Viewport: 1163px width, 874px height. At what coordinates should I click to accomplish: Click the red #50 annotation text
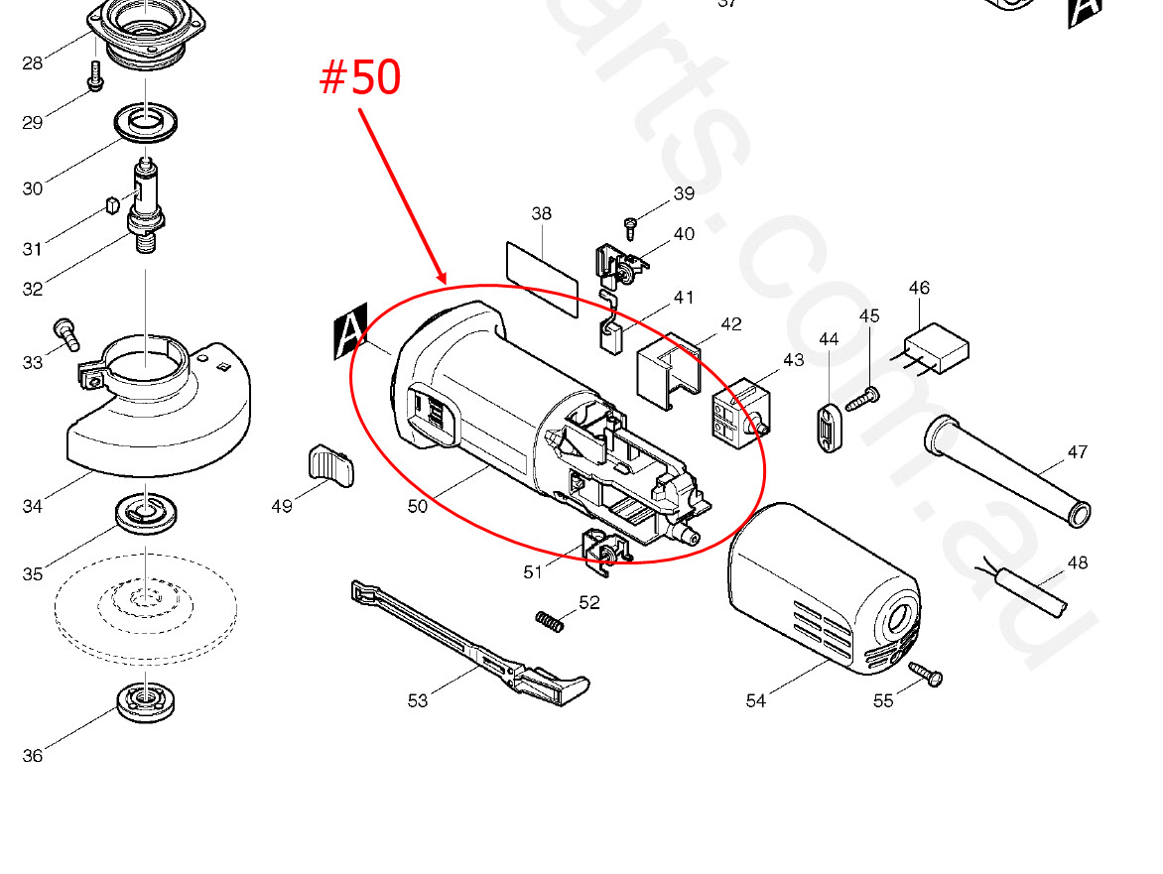(360, 77)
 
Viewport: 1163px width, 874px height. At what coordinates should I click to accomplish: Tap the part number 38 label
(542, 213)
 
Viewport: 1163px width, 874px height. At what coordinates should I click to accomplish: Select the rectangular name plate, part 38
(542, 279)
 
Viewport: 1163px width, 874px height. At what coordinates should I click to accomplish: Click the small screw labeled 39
(631, 227)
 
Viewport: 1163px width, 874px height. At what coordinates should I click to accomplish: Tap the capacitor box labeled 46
(936, 347)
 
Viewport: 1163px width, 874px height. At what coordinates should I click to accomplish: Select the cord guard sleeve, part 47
(1007, 470)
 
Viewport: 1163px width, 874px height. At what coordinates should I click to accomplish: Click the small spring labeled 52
(550, 621)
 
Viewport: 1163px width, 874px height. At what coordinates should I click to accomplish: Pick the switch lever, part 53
(470, 643)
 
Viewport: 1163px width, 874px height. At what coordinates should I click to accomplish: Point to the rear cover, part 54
(824, 588)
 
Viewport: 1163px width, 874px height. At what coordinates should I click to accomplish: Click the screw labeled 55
(926, 673)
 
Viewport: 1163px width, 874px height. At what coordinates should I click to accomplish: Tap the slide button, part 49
(330, 465)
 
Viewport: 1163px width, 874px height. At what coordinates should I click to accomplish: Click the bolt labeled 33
(66, 333)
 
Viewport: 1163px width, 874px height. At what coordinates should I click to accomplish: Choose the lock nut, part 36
(146, 700)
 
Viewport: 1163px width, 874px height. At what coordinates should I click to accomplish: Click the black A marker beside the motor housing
(350, 330)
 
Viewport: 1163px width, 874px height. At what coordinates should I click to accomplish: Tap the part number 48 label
(1077, 562)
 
